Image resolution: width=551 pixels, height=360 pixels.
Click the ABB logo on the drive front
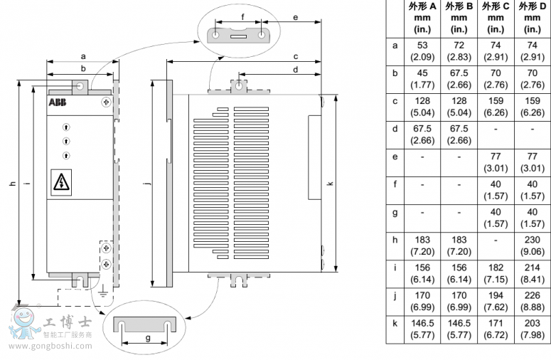[x=56, y=103]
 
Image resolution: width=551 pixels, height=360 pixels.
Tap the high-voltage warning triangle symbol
[x=62, y=183]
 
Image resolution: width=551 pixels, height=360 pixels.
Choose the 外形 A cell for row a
[x=422, y=51]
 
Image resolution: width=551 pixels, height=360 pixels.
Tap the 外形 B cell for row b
[x=459, y=78]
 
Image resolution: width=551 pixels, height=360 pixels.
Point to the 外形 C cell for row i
[x=496, y=272]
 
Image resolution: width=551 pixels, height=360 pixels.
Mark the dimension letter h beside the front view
[x=12, y=184]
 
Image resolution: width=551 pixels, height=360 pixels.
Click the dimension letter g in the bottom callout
[x=147, y=339]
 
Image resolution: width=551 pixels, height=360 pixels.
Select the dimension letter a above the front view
[x=82, y=55]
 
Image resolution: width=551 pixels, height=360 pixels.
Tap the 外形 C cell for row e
[x=496, y=162]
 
